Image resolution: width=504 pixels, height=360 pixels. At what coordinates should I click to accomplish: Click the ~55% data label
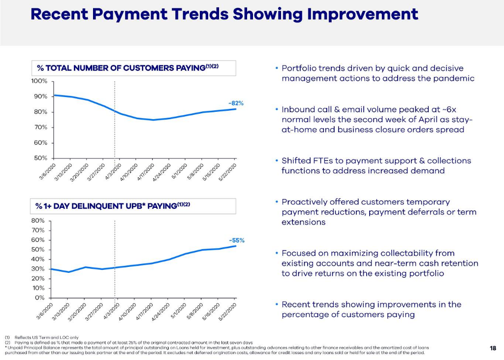click(236, 240)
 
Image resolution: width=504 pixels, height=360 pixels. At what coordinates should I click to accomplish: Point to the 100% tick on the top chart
click(40, 81)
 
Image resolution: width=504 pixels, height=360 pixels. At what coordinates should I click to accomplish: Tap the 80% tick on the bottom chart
click(38, 221)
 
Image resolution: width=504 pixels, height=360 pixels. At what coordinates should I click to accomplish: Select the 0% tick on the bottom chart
click(40, 298)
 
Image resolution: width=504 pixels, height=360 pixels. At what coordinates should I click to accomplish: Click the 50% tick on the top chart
click(40, 158)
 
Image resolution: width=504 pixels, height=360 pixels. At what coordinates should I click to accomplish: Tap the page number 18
click(493, 348)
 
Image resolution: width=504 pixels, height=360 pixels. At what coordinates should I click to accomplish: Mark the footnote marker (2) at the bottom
click(7, 342)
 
